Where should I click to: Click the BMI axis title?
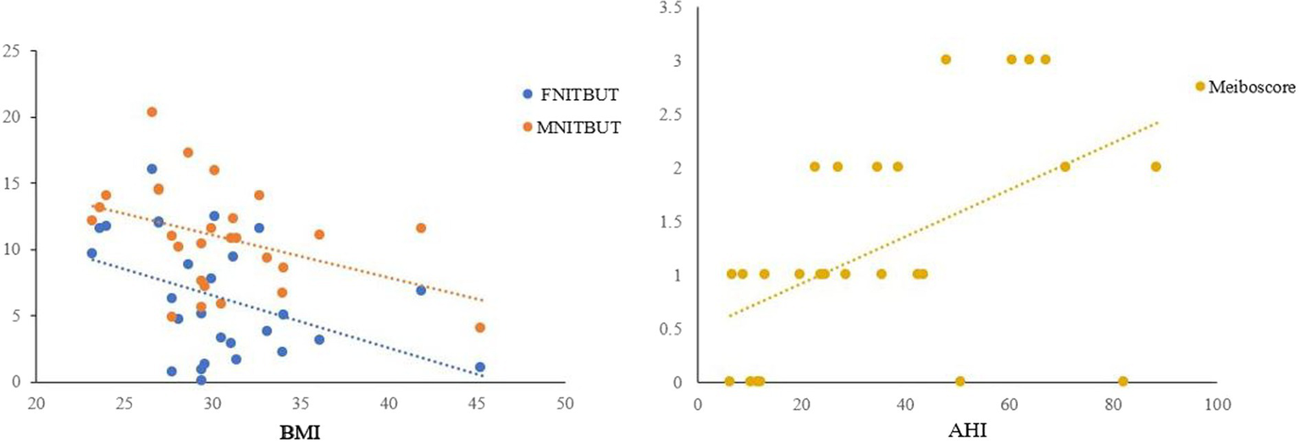click(300, 433)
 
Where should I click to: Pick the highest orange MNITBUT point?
click(152, 112)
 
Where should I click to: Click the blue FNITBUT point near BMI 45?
click(480, 367)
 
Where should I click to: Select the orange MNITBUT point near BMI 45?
click(480, 327)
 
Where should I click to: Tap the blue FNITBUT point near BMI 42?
click(421, 290)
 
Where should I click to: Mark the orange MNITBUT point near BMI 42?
click(421, 228)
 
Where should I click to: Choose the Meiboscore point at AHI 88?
click(1155, 166)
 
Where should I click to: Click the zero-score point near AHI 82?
click(1123, 381)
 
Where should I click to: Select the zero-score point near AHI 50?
click(960, 381)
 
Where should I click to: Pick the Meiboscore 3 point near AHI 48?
click(946, 59)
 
